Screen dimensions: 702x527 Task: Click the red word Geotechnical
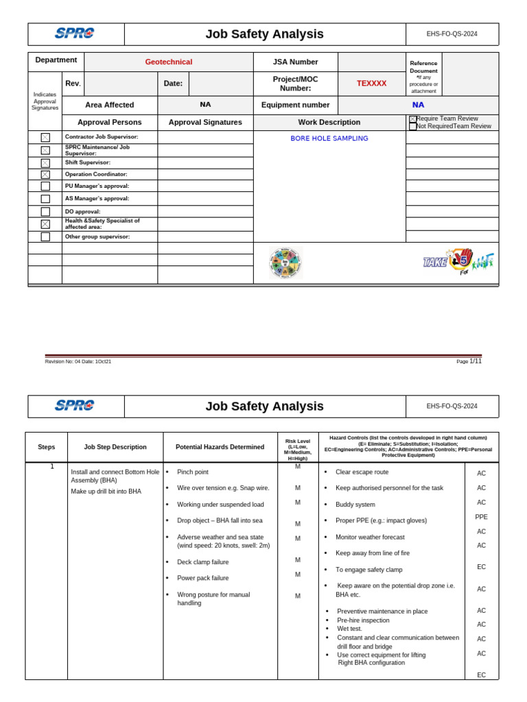[x=168, y=62]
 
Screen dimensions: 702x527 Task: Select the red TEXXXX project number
[x=371, y=83]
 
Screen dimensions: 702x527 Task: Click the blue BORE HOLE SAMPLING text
[x=329, y=138]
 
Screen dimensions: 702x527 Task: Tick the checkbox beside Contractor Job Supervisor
[x=45, y=137]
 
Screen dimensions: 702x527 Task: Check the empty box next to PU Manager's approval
[x=45, y=186]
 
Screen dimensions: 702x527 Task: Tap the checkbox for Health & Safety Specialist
[x=45, y=224]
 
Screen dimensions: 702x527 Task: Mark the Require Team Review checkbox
[x=412, y=119]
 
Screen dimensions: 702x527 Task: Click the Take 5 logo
[x=458, y=262]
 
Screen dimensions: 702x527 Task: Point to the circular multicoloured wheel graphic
[x=285, y=263]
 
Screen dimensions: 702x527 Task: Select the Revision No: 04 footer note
[x=78, y=361]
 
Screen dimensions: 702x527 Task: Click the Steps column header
[x=46, y=447]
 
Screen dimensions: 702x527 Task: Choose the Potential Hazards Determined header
[x=220, y=447]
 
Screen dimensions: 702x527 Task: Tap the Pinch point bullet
[x=192, y=472]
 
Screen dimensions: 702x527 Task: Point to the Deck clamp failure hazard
[x=202, y=561]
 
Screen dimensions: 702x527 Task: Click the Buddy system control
[x=355, y=504]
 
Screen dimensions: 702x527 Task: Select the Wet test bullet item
[x=349, y=628]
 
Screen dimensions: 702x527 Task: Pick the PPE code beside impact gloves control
[x=481, y=517]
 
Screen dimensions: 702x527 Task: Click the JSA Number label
[x=295, y=62]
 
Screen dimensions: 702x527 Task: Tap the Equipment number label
[x=295, y=105]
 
